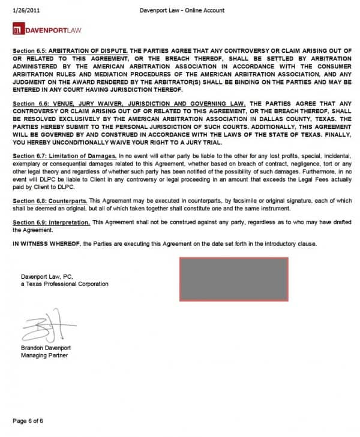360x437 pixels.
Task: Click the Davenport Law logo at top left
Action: (40, 29)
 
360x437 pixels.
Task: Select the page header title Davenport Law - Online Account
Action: (182, 10)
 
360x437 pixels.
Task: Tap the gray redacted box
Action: (233, 279)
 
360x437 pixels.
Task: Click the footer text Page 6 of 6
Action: (28, 420)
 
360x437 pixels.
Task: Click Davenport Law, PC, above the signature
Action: (46, 276)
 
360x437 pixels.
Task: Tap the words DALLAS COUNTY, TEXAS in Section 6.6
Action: (308, 118)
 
